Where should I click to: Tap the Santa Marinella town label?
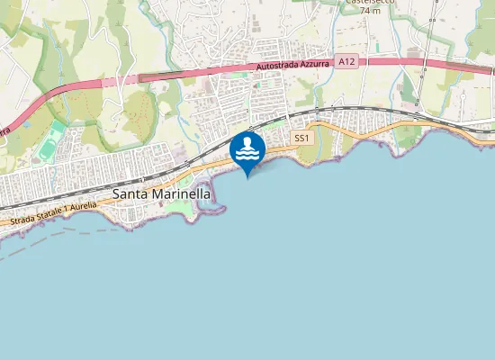[161, 193]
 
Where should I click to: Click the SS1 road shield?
[301, 138]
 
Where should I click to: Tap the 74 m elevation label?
[367, 12]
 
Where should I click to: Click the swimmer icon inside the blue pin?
[247, 148]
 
